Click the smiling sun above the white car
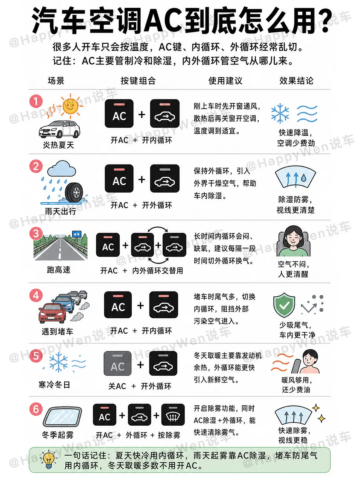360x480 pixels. (70, 106)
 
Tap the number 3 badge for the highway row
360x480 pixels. (36, 233)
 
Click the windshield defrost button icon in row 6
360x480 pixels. (173, 415)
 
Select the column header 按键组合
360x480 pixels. (138, 81)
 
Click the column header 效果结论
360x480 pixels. (296, 81)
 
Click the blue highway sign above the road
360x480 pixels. (77, 234)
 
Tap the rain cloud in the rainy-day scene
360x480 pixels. (62, 169)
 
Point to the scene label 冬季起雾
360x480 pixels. (58, 435)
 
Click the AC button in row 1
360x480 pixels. (119, 113)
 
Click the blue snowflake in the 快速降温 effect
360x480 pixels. (280, 114)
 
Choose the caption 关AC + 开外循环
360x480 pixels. (140, 386)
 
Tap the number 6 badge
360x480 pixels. (36, 409)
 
